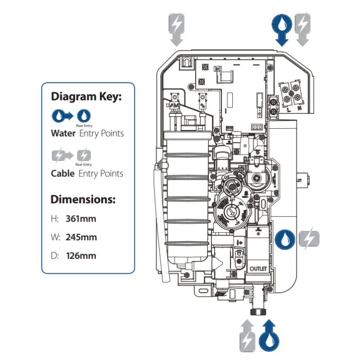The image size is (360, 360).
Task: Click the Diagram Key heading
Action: [x=86, y=96]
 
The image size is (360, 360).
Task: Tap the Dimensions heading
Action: [x=83, y=199]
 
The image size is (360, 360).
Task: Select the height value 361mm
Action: [x=81, y=219]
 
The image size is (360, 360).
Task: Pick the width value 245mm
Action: [x=81, y=237]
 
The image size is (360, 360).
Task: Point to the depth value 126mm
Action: [x=81, y=256]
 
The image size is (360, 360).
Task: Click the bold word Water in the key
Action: [x=63, y=133]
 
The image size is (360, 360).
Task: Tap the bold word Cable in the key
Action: [x=63, y=173]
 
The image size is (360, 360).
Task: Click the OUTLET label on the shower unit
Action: [x=258, y=267]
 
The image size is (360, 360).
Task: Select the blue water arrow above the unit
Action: [x=282, y=29]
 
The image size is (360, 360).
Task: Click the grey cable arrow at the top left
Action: [x=176, y=29]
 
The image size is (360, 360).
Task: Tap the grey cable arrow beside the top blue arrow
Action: [x=302, y=29]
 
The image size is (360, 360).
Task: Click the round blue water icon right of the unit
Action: [x=284, y=239]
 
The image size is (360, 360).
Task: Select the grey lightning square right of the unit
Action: [x=309, y=239]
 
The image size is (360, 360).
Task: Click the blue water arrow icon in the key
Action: [x=61, y=116]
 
